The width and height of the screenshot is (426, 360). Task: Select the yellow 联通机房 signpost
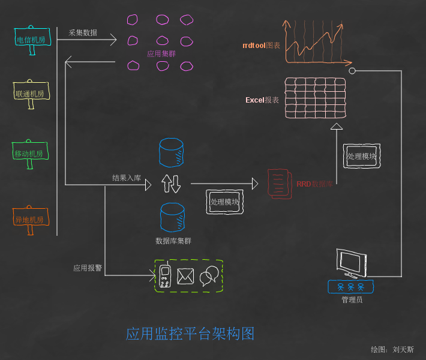click(31, 94)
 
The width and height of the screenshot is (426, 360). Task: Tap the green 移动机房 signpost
click(29, 154)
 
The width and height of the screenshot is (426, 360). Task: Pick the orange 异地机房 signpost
click(30, 220)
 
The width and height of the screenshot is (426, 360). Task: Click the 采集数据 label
click(83, 32)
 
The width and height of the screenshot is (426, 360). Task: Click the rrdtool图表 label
click(261, 46)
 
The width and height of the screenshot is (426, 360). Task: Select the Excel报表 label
click(262, 100)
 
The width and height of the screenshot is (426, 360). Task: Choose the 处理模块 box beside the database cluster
click(225, 202)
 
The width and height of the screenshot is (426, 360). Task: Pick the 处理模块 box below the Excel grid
click(362, 156)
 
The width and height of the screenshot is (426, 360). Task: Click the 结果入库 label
click(127, 178)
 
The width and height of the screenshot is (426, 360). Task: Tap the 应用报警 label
click(88, 268)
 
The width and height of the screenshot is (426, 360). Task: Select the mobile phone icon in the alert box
click(165, 276)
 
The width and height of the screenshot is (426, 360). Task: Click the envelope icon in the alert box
click(185, 276)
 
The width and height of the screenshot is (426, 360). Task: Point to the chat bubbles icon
click(208, 275)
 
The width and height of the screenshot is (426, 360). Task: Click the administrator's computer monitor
click(351, 263)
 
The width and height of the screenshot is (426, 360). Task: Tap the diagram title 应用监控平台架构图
click(190, 334)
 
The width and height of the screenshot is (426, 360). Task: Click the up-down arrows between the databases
click(170, 184)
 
